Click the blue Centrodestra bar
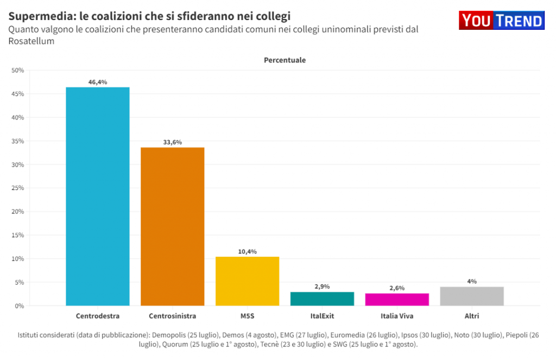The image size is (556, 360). point(98,196)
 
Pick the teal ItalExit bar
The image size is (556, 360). point(322,299)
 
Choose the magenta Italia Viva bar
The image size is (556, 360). point(397,299)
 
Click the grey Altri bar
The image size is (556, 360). point(472,296)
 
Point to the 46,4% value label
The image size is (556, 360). point(98,82)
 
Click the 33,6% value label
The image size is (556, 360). point(173,142)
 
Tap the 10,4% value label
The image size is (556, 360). point(248,251)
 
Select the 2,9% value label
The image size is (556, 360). point(322,286)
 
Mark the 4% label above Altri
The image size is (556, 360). point(472,281)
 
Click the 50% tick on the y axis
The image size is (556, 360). point(18,70)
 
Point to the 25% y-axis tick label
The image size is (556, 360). point(18,188)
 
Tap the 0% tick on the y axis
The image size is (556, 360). point(20,306)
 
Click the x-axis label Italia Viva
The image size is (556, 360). point(397,315)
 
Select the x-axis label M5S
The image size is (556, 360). point(248,315)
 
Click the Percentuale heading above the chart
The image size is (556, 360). point(285,60)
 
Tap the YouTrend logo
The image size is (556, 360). point(502,21)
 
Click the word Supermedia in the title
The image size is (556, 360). point(36,16)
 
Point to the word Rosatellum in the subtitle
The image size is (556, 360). point(31,41)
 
